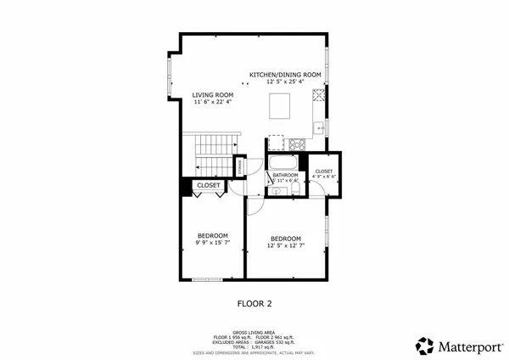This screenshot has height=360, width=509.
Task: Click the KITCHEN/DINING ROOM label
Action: click(x=285, y=75)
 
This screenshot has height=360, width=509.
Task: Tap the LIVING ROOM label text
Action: click(x=212, y=94)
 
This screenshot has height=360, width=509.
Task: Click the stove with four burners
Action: click(x=297, y=143)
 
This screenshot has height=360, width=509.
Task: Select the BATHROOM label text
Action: click(x=285, y=175)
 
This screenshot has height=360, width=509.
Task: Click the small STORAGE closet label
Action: click(x=240, y=168)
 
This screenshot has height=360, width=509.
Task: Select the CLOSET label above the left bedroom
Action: click(x=209, y=185)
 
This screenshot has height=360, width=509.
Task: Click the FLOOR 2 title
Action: click(x=254, y=301)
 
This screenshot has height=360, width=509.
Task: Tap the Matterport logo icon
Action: click(x=424, y=345)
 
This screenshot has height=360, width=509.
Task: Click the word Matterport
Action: click(x=467, y=346)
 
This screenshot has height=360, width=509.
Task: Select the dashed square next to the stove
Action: click(x=276, y=143)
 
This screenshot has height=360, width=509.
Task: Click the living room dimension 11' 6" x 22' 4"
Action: click(x=212, y=103)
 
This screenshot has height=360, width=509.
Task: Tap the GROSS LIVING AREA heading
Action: click(x=254, y=332)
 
